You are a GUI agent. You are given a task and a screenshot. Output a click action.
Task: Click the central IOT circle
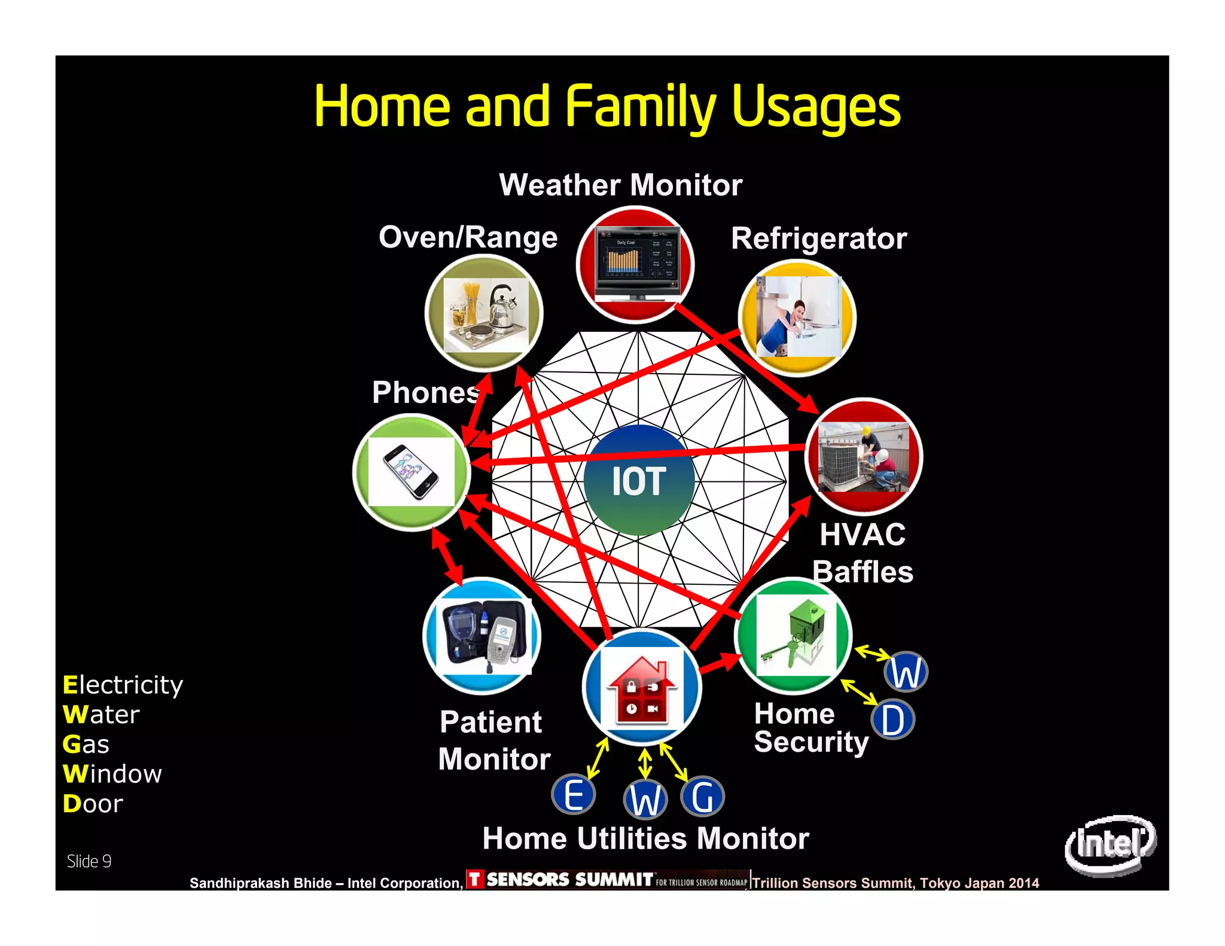(x=639, y=480)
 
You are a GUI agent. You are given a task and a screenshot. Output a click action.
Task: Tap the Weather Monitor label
(x=620, y=185)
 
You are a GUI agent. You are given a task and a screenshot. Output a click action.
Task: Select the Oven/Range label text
(x=468, y=237)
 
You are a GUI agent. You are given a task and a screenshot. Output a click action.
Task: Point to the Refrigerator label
(x=818, y=239)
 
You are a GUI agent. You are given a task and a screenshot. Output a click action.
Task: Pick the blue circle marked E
(x=573, y=795)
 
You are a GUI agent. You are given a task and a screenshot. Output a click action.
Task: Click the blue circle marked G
(x=702, y=797)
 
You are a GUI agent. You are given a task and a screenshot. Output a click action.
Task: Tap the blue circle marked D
(x=892, y=720)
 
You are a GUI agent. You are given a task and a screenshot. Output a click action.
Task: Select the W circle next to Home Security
(x=906, y=672)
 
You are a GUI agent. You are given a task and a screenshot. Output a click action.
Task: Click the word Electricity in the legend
(x=123, y=685)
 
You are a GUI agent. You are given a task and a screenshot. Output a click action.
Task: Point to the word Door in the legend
(x=93, y=804)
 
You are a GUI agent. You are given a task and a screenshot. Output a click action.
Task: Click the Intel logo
(x=1110, y=844)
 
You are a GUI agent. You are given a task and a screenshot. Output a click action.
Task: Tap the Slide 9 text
(x=89, y=861)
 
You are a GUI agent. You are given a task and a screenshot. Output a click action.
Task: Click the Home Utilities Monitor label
(x=645, y=838)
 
